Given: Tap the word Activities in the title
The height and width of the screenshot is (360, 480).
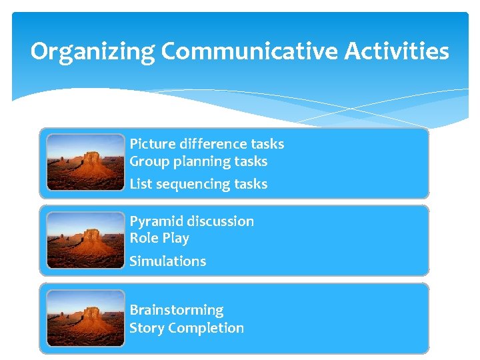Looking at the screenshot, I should [397, 52].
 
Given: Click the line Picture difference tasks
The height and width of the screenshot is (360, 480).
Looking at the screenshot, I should [207, 144].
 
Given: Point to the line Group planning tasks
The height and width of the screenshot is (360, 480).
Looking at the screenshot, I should [198, 161].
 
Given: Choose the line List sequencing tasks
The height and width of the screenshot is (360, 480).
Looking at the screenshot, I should [198, 184].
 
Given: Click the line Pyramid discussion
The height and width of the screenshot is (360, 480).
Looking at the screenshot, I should [191, 221].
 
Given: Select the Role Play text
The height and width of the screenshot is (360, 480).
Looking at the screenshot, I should [159, 238].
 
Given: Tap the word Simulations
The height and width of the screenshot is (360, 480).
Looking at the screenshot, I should [167, 261].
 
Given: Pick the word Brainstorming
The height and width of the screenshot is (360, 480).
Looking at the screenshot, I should [177, 310].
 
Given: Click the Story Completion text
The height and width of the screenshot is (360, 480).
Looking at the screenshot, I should [187, 328].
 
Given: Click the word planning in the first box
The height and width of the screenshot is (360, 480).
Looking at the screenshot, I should [194, 161].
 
